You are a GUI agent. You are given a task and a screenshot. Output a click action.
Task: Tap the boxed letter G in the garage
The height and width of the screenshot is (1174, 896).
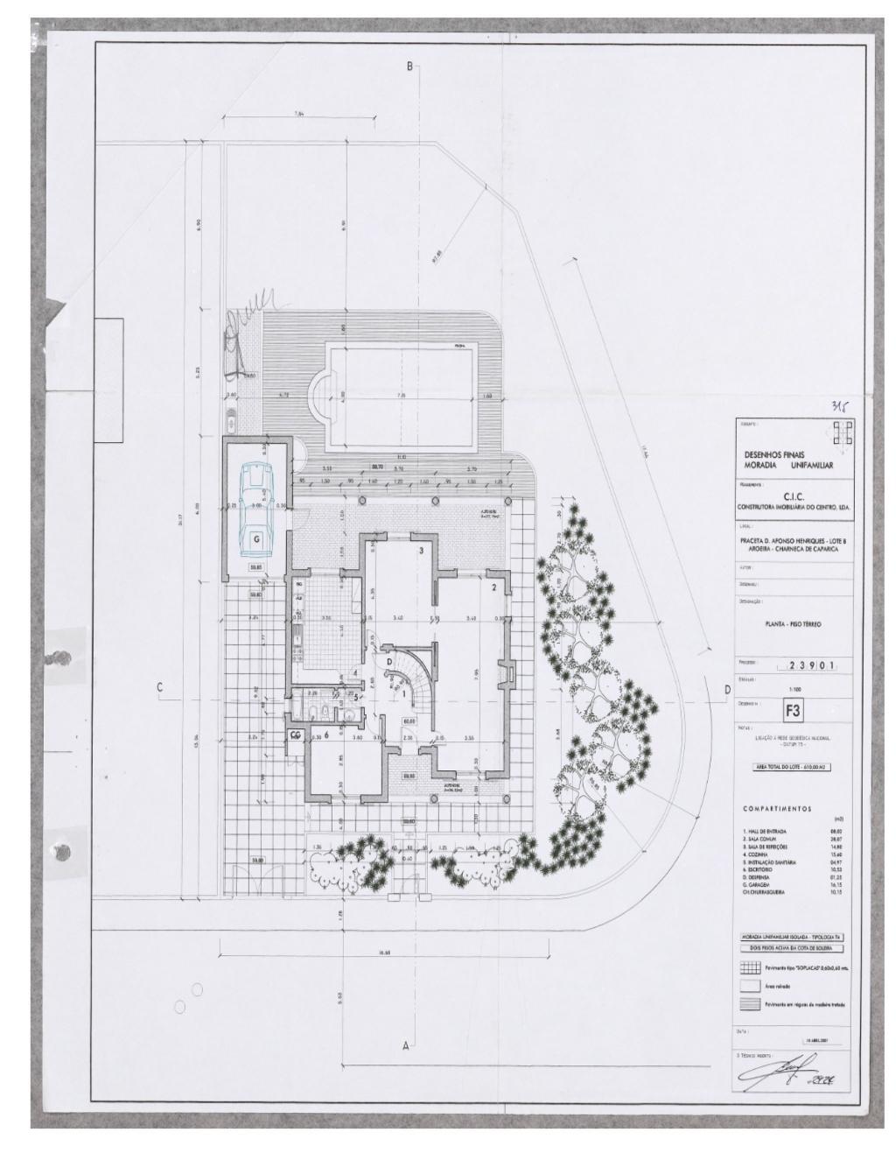(256, 540)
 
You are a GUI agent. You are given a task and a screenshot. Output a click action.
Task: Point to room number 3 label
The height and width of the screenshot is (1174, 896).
(422, 551)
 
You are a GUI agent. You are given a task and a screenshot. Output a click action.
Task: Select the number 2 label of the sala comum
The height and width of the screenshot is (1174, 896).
(493, 587)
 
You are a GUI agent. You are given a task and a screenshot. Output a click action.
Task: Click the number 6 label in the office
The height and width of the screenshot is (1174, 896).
(327, 735)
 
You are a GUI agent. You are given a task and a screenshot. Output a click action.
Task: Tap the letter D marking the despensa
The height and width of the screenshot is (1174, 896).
(389, 662)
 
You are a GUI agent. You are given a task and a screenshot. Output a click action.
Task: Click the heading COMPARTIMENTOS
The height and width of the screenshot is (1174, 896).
(777, 809)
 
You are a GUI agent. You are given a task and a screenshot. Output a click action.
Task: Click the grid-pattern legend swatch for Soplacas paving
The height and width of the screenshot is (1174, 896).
(750, 969)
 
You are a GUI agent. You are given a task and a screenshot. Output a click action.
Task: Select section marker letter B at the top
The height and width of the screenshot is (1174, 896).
(408, 67)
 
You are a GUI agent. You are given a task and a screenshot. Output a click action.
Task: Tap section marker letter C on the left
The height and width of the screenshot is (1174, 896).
(159, 687)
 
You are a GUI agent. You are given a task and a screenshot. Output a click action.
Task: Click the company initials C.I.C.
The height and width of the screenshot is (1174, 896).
(794, 496)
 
